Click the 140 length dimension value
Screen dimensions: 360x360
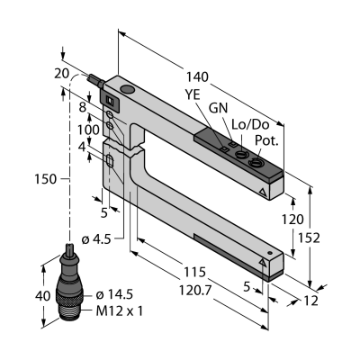(x=197, y=77)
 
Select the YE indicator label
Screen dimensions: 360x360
(x=192, y=94)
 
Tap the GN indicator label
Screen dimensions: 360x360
(x=218, y=108)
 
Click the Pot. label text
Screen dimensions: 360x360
(x=266, y=140)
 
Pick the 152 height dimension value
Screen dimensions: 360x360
(x=309, y=238)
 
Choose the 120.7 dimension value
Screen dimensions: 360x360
(x=195, y=290)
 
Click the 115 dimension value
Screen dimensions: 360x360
(x=195, y=272)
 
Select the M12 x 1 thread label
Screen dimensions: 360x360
(x=120, y=311)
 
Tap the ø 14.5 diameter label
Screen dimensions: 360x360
(x=114, y=295)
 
